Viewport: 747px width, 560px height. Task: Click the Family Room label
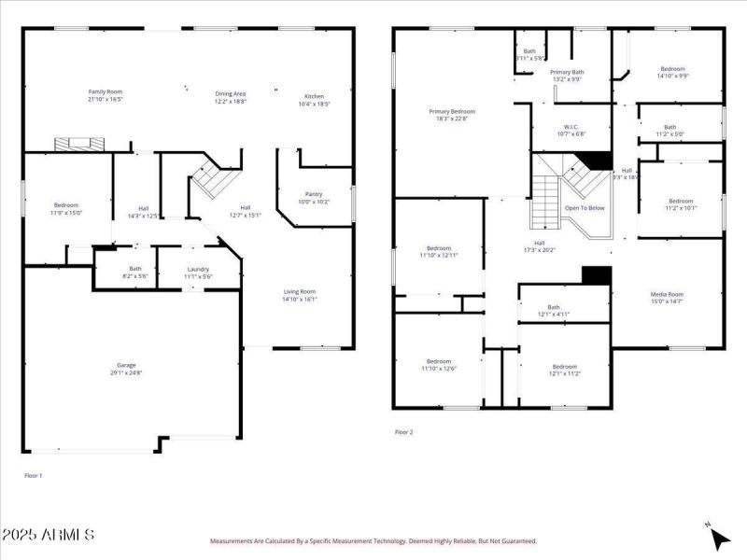pos(106,91)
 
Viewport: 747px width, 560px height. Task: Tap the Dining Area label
pos(231,93)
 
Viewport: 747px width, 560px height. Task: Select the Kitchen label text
pos(315,96)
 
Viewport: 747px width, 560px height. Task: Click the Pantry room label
pos(314,194)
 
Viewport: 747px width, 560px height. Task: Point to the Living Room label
pos(300,292)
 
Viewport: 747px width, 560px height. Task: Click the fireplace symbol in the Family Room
pos(78,144)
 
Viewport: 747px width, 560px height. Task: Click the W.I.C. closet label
pos(571,127)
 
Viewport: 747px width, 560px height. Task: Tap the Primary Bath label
pos(567,72)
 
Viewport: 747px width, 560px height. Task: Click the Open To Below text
pos(585,208)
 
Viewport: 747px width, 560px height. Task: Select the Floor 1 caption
pos(34,476)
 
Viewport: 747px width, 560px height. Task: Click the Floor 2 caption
pos(403,432)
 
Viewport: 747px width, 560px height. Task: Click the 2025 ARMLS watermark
pos(48,536)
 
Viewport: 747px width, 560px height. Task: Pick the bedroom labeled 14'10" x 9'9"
pos(672,69)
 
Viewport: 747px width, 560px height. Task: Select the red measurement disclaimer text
pos(373,540)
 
